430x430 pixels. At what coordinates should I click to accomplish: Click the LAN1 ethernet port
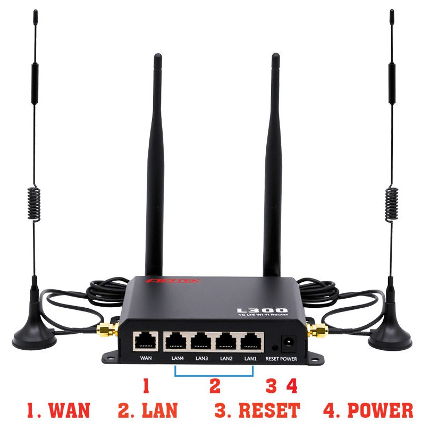pyautogui.click(x=251, y=341)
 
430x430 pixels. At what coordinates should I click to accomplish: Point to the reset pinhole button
pyautogui.click(x=273, y=346)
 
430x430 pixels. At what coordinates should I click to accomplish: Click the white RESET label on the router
pyautogui.click(x=273, y=359)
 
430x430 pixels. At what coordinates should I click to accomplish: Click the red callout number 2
pyautogui.click(x=215, y=385)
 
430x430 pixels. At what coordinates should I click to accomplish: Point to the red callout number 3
pyautogui.click(x=272, y=385)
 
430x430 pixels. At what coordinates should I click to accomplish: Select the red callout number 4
pyautogui.click(x=291, y=385)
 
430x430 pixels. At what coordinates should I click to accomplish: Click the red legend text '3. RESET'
pyautogui.click(x=257, y=410)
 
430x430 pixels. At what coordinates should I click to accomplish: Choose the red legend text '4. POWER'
pyautogui.click(x=368, y=410)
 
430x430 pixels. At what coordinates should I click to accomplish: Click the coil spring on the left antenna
pyautogui.click(x=34, y=204)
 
